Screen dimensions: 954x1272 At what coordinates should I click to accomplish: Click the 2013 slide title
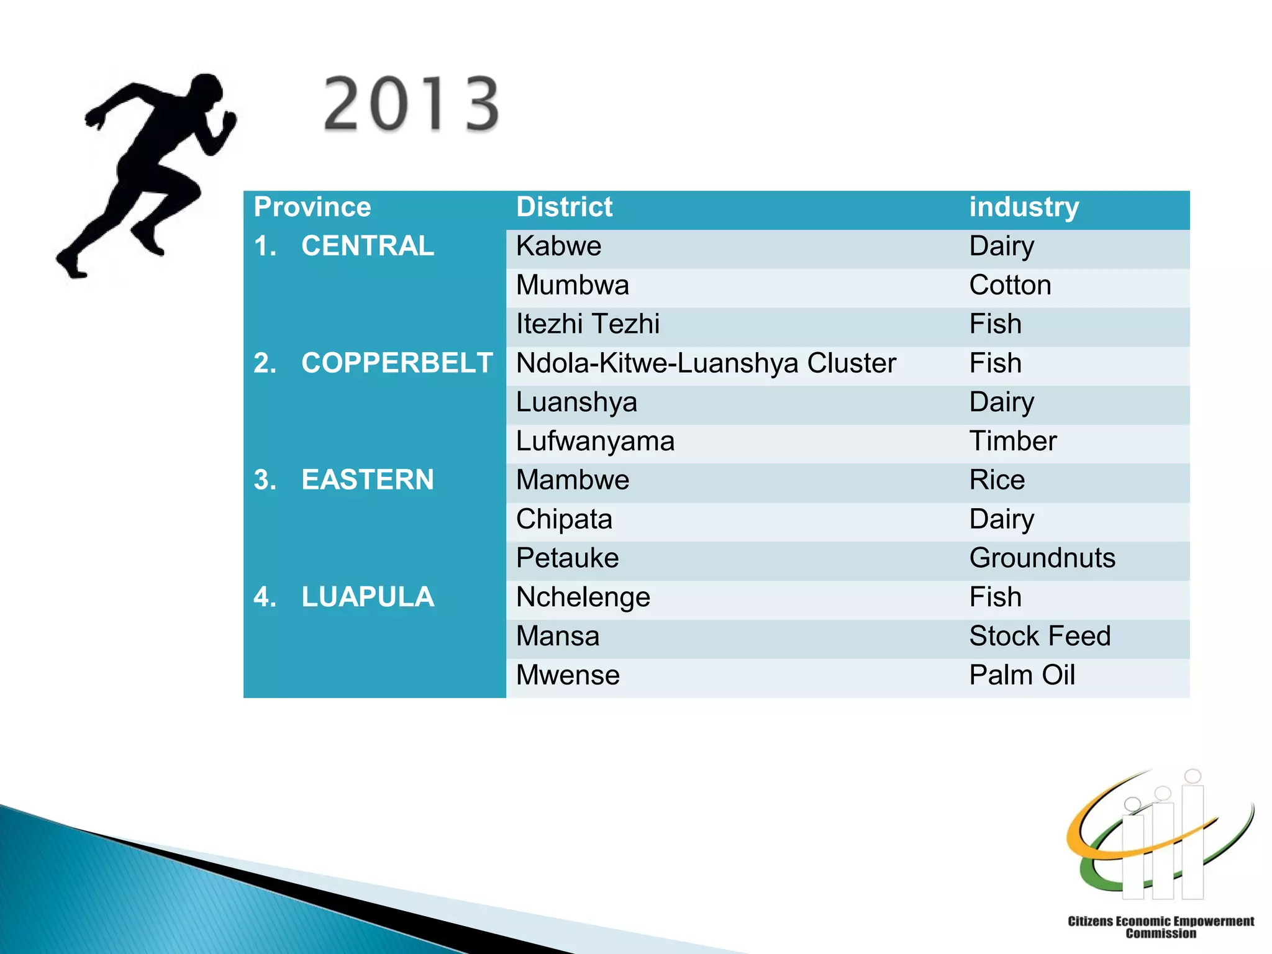[x=411, y=104]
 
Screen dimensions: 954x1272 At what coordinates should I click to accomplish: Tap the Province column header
[x=312, y=207]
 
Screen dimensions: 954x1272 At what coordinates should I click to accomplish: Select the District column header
[x=564, y=207]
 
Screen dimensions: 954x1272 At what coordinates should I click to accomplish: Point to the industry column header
[x=1024, y=207]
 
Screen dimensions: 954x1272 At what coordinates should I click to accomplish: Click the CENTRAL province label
[x=367, y=246]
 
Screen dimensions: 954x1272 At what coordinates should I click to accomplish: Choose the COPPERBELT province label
[x=397, y=363]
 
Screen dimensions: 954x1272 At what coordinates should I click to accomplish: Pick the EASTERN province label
[x=367, y=479]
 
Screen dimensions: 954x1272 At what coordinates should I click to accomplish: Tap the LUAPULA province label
[x=367, y=597]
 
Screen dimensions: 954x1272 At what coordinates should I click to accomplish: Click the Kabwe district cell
[x=558, y=246]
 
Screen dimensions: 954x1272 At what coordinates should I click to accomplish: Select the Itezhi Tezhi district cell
[x=588, y=324]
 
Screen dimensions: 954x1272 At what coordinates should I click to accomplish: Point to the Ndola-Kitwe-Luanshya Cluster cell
[x=706, y=363]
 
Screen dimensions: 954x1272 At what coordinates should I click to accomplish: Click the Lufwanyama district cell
[x=595, y=441]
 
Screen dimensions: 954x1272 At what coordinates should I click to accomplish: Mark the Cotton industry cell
[x=1010, y=285]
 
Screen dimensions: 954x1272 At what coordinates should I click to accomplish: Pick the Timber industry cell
[x=1012, y=441]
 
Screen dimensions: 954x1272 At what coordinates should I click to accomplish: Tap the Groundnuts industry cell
[x=1042, y=558]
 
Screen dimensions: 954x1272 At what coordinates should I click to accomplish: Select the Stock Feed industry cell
[x=1040, y=636]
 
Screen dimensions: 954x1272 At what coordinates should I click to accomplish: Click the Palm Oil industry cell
[x=1022, y=675]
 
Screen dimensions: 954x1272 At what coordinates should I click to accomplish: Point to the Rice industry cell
[x=997, y=480]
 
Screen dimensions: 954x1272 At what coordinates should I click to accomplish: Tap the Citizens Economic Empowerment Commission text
[x=1160, y=927]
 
